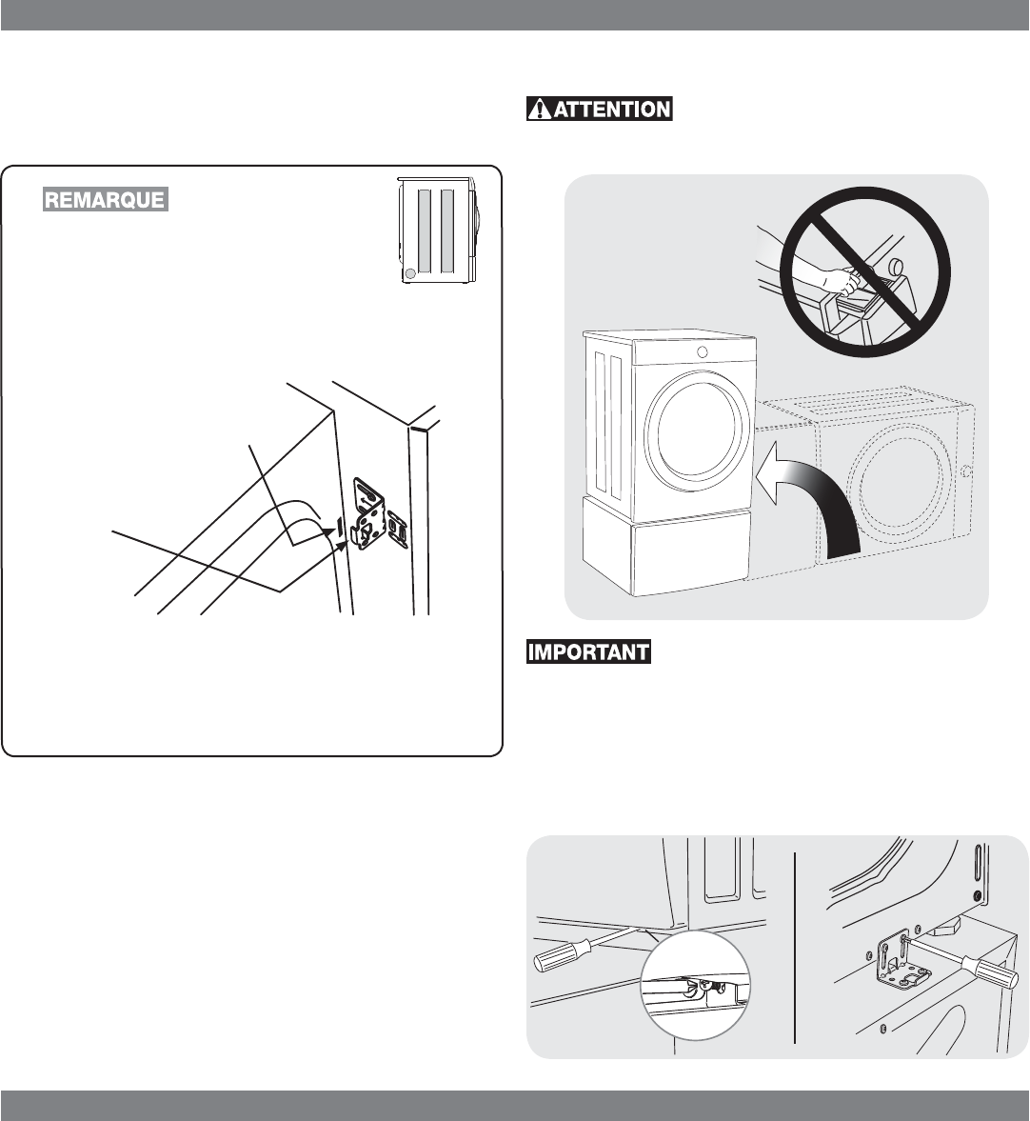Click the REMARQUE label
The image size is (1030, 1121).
coord(104,200)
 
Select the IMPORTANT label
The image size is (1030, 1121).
coord(588,653)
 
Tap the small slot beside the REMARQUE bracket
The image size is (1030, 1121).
coord(338,526)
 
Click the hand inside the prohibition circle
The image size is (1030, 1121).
coord(826,278)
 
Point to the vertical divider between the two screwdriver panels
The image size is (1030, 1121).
coord(795,948)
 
